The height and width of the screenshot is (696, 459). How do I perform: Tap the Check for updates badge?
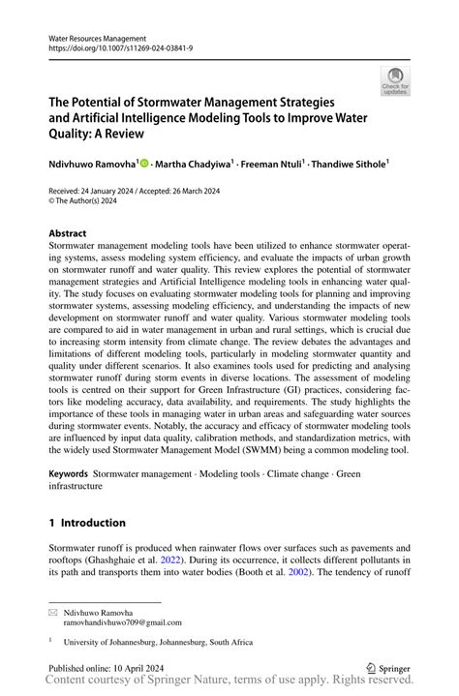(395, 82)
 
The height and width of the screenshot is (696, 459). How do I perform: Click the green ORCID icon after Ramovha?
(145, 165)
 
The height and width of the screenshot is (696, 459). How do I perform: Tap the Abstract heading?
(67, 233)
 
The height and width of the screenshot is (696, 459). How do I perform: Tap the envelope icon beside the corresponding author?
(53, 613)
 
